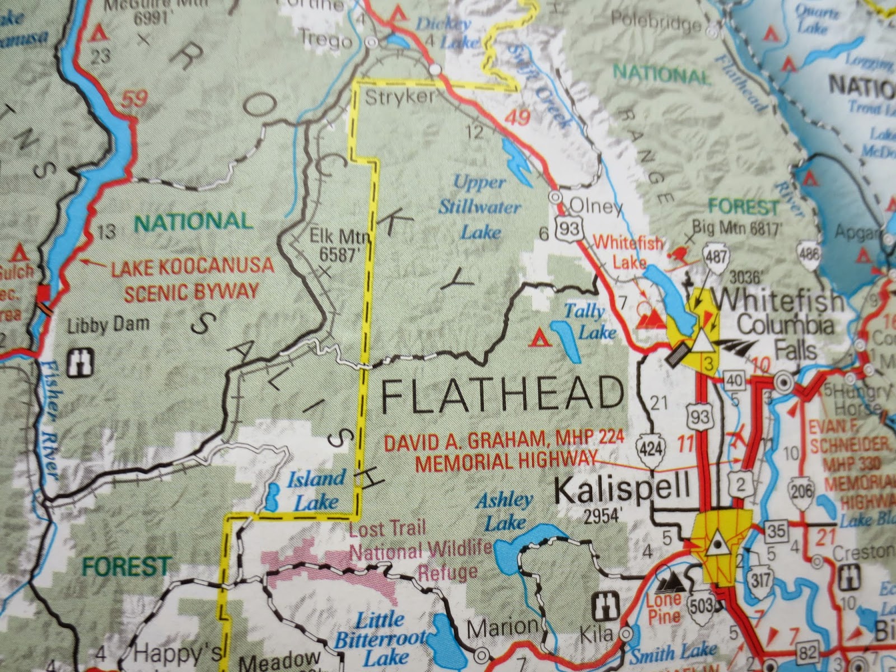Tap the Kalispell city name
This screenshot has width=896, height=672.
(x=622, y=491)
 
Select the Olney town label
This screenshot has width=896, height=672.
(x=595, y=207)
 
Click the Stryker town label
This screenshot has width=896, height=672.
(x=399, y=97)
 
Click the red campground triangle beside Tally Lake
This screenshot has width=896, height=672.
(x=539, y=338)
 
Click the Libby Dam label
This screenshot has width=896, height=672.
(x=108, y=324)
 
